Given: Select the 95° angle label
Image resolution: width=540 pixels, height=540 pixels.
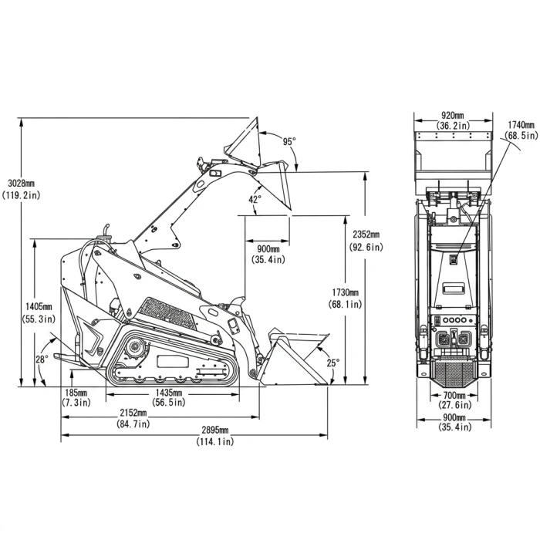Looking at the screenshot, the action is coord(289,141).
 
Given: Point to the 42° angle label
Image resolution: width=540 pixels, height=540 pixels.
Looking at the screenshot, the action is coord(255,199).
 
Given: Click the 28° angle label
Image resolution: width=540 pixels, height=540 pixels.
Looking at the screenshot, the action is coord(42,359).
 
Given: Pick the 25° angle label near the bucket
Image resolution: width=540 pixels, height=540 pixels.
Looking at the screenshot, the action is coord(333,363).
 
